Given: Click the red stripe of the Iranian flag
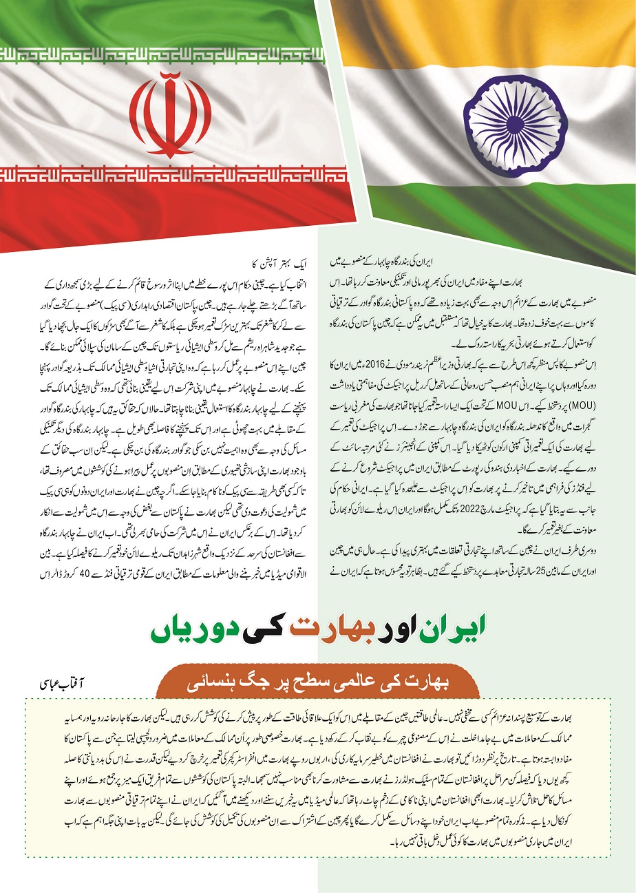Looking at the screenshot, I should (x=172, y=207).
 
